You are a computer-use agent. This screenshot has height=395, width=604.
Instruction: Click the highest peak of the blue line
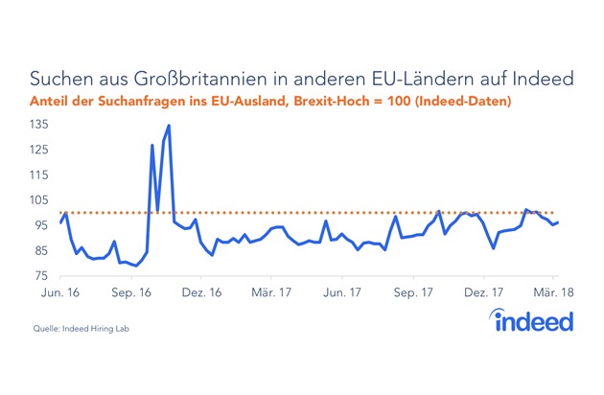tap(169, 126)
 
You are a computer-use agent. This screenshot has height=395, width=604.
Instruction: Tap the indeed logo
tap(534, 320)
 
